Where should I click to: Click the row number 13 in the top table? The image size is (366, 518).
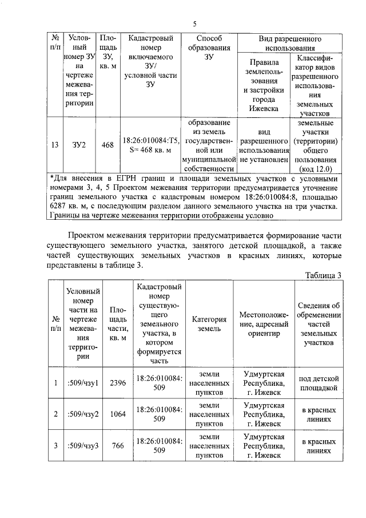[x=54, y=145]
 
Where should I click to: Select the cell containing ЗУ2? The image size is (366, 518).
[x=79, y=145]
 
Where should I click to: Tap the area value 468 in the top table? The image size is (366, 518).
[x=108, y=145]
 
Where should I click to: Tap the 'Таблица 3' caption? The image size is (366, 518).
[x=323, y=275]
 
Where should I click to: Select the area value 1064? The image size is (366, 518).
[x=117, y=414]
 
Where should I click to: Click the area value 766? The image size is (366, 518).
[x=117, y=445]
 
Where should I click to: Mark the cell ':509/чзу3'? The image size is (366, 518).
[x=83, y=445]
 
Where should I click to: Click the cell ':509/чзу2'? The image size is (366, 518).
[x=83, y=414]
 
